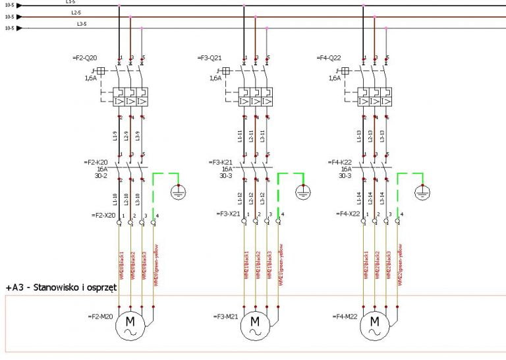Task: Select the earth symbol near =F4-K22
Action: pos(422,193)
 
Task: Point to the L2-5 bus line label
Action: pos(75,13)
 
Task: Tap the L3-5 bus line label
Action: pos(82,24)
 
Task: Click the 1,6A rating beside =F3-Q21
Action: pos(215,78)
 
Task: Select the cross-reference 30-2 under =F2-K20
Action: pos(99,176)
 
